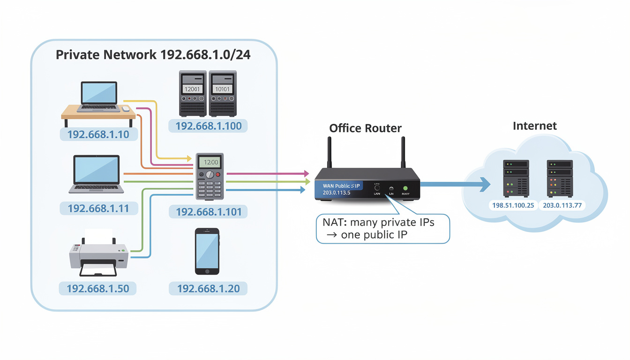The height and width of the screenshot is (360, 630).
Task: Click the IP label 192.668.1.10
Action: (98, 135)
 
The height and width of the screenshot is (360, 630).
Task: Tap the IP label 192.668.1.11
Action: (98, 208)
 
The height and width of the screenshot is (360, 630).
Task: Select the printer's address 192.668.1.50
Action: (98, 288)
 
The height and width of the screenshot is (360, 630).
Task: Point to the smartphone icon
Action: (207, 251)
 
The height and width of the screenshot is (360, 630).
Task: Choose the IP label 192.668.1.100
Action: (209, 126)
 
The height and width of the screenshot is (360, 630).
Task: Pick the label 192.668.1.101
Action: (209, 212)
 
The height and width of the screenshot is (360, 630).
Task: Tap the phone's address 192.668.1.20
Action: (208, 288)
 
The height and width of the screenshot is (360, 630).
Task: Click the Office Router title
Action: (365, 128)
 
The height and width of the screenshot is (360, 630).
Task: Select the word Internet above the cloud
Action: (535, 126)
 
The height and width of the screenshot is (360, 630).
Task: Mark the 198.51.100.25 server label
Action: (513, 205)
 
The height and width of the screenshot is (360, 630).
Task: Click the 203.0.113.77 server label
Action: (562, 205)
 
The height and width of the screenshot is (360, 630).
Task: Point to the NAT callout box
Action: (383, 228)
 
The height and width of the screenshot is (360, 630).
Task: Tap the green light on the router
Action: (405, 188)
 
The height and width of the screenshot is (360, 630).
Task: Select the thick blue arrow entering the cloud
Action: (455, 184)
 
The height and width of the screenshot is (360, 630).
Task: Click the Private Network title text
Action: (153, 55)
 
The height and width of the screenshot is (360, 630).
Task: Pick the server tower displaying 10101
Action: (223, 94)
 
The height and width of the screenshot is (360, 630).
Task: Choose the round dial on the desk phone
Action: (210, 174)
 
